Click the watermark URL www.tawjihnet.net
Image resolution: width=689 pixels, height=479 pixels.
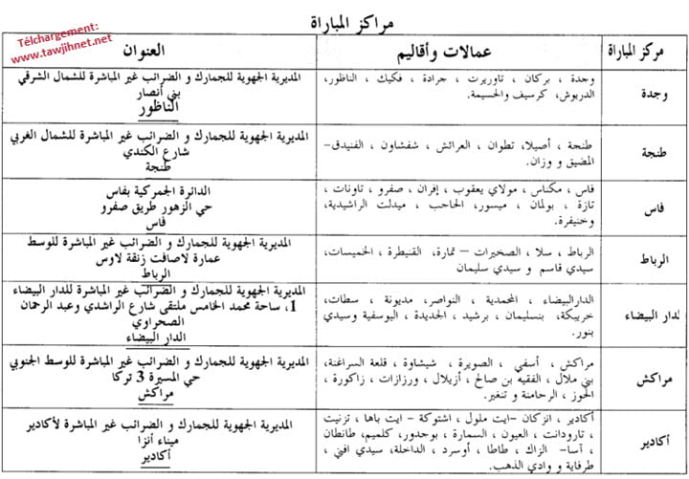[62, 51]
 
